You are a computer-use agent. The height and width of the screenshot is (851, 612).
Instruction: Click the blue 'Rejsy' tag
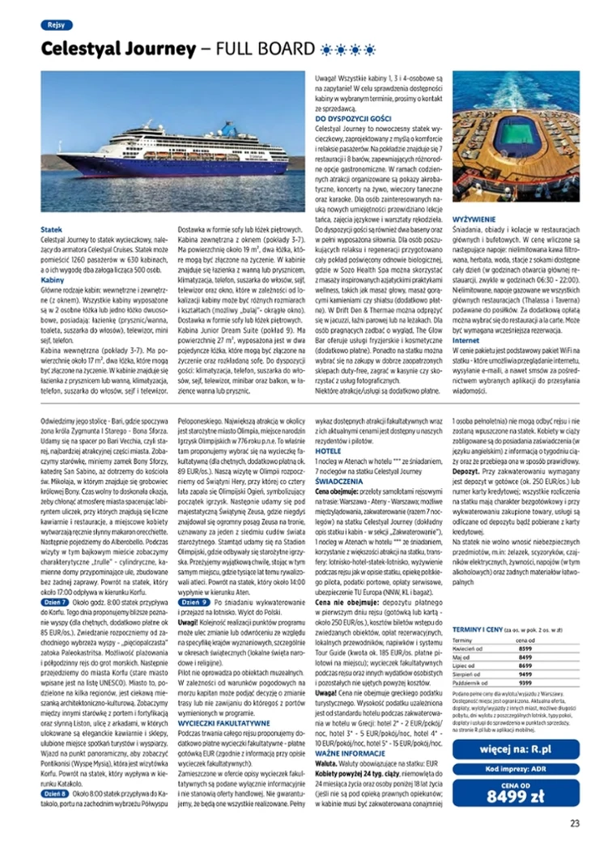click(55, 25)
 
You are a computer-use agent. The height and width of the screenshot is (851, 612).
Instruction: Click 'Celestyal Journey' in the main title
click(118, 49)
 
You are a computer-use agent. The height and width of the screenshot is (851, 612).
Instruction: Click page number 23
click(574, 824)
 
